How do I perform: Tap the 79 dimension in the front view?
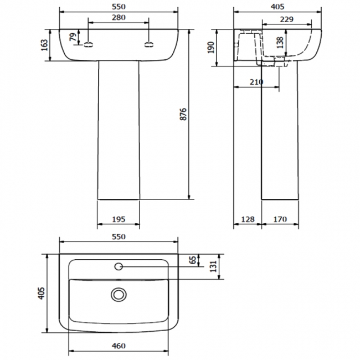[x=73, y=38]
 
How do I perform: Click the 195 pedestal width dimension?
[x=118, y=219]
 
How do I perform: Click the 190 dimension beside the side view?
[x=210, y=48]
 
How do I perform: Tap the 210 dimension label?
[x=255, y=83]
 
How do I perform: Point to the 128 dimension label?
[x=248, y=219]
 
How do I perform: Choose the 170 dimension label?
[x=280, y=219]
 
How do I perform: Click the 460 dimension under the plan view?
[x=119, y=347]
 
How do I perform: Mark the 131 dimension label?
[x=212, y=266]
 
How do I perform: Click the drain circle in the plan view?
[x=119, y=294]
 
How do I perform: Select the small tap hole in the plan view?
[x=119, y=267]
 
